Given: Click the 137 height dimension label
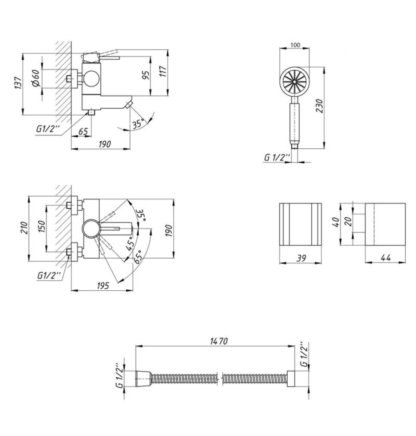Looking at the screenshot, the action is (18, 83).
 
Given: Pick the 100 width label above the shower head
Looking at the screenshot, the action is (295, 45).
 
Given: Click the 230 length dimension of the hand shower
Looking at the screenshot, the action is (320, 106).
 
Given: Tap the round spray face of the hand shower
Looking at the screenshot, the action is (294, 82).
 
